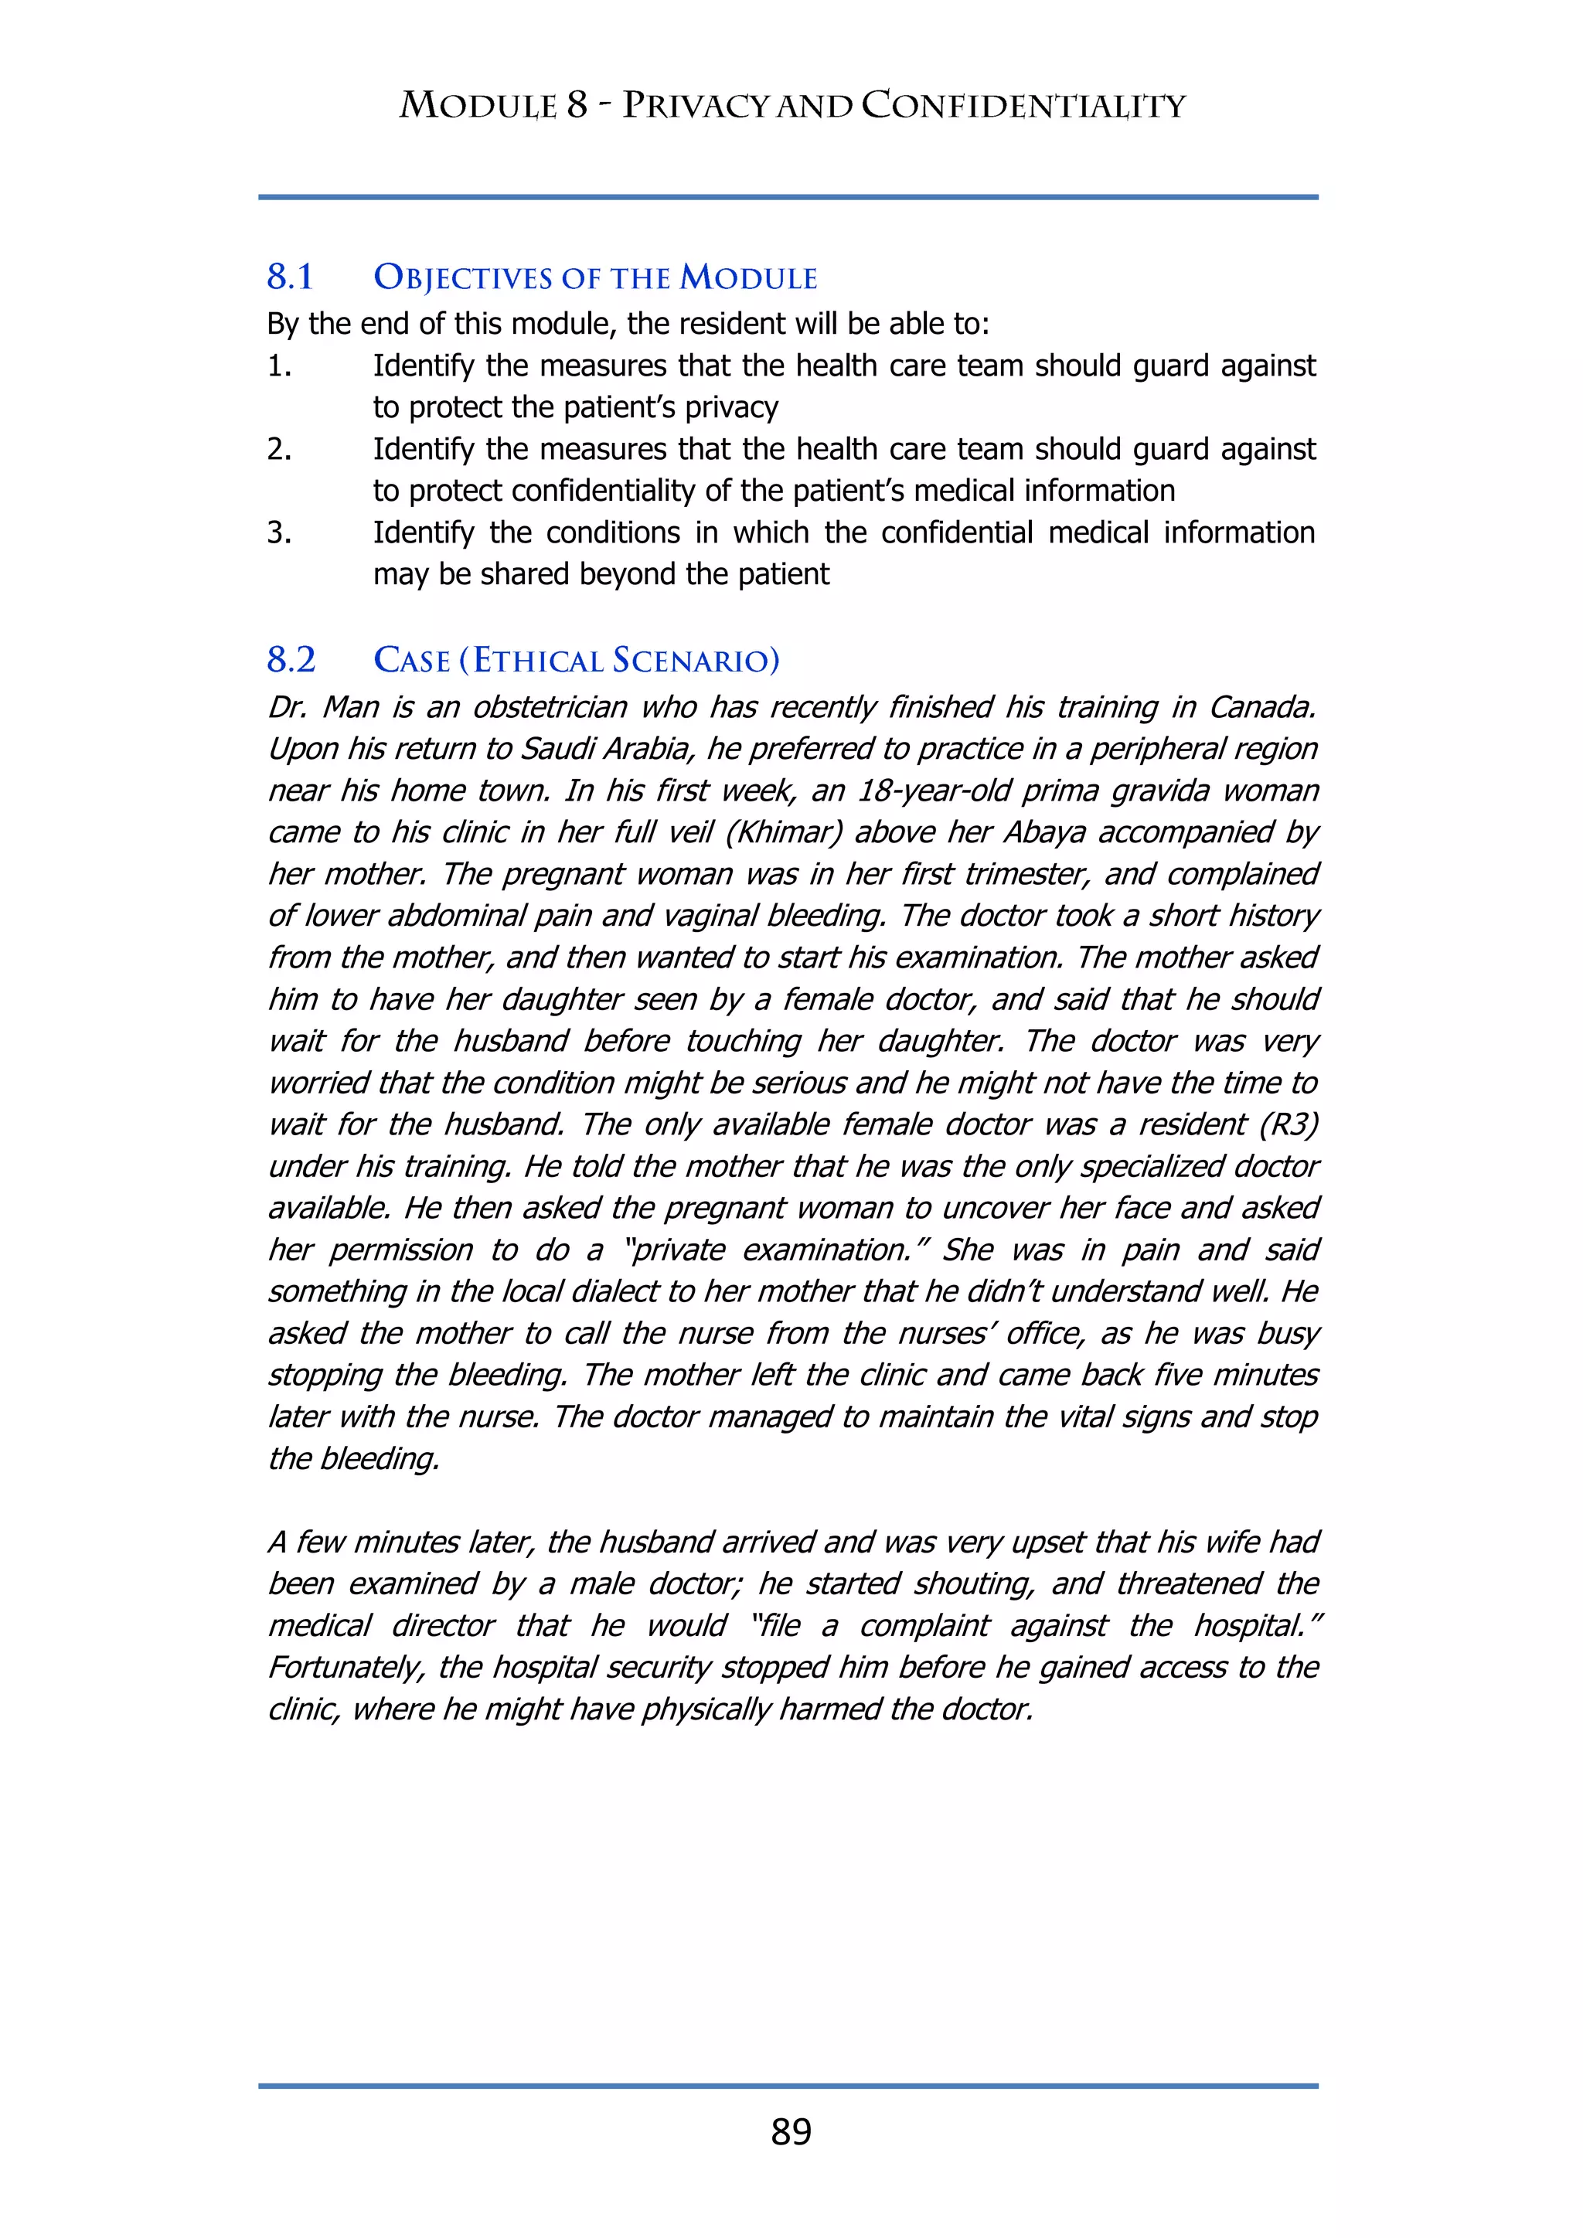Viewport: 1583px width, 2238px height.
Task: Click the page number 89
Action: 791,2132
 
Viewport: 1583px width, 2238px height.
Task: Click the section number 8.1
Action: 291,277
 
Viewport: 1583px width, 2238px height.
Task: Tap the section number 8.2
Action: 291,660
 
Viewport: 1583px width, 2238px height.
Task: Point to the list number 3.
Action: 279,533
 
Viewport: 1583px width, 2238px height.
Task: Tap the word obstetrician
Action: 552,706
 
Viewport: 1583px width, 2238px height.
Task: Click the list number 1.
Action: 279,366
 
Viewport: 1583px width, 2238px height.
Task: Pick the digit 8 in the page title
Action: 577,105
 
